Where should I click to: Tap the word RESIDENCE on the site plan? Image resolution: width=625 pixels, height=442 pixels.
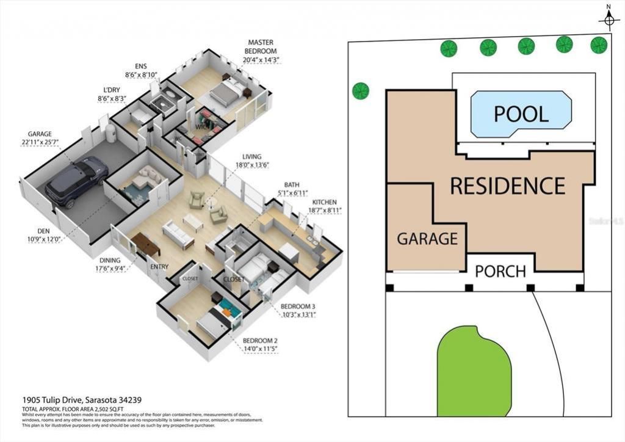point(507,186)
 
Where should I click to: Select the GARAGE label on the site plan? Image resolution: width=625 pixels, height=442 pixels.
point(427,238)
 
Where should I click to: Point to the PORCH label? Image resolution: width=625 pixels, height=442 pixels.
point(500,270)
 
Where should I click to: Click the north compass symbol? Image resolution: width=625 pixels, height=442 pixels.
point(609,20)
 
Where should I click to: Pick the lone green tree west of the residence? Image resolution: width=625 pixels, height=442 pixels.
point(361,91)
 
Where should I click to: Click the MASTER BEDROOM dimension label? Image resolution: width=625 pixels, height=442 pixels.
point(261,51)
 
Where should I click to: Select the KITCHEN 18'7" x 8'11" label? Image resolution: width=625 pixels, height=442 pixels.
point(326,206)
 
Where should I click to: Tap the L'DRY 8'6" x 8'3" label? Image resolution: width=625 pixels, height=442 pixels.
point(111,94)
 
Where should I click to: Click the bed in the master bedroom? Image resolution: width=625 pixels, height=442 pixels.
point(226,93)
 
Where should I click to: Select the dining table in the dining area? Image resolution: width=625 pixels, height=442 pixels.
point(146,245)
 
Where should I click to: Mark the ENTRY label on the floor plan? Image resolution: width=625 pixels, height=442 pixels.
point(159,267)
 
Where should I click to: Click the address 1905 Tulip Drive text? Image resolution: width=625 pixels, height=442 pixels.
point(81,400)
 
